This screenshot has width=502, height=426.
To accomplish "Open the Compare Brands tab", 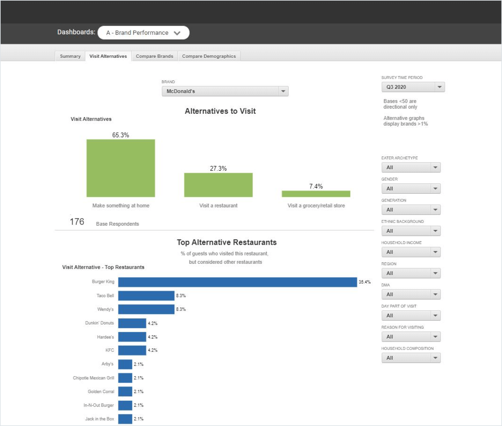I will coord(154,56).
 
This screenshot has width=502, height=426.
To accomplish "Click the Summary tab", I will coord(70,56).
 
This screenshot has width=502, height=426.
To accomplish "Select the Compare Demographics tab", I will coord(209,56).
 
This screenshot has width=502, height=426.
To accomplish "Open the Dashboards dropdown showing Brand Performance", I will coord(143,33).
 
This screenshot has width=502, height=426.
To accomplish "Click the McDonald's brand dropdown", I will coord(225,91).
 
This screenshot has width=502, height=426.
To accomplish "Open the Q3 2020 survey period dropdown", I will coord(413,87).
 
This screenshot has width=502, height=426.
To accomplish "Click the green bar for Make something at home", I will coord(121,168).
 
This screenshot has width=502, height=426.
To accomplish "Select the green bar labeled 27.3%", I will coord(218,185).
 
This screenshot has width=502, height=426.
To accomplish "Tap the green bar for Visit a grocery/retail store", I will coord(316,194).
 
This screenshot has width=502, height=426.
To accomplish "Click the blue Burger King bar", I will coord(237,282).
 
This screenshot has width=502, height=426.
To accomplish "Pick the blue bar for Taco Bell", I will coord(146,296).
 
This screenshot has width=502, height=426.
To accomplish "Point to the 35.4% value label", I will coord(365,282).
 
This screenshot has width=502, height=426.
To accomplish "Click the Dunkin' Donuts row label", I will coord(99,323).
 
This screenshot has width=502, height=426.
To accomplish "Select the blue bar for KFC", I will coord(132,350).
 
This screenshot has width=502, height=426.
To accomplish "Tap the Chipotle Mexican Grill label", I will coord(93,378).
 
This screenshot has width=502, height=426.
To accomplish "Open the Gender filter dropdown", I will coord(411,189).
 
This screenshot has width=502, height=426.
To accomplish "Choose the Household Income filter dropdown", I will coord(411,252).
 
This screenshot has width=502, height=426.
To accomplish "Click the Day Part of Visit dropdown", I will coord(411,316).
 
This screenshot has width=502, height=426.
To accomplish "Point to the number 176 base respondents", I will coord(77,222).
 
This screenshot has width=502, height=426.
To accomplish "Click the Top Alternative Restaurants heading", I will coord(227,242).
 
